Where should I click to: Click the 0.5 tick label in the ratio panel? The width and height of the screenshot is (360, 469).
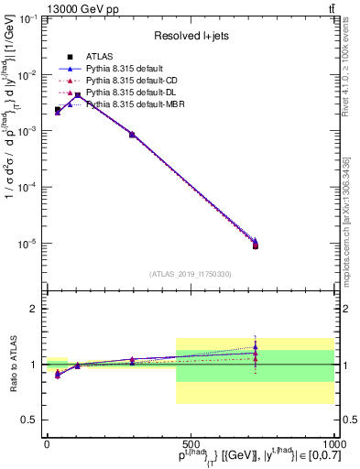(x=29, y=420)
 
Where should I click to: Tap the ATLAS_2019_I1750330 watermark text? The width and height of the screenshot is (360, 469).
(x=190, y=273)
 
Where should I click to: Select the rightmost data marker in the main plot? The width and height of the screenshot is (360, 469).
(x=256, y=245)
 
